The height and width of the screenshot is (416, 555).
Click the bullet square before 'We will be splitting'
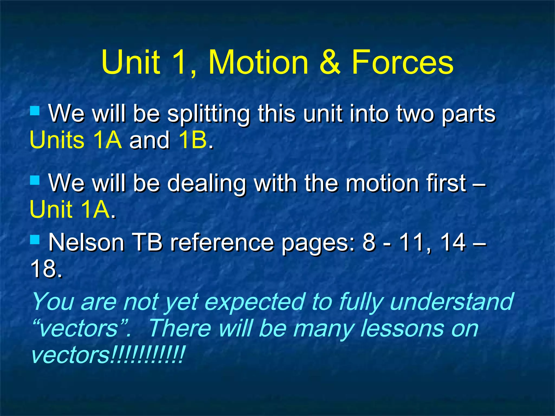35,110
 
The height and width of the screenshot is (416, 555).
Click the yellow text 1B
192,140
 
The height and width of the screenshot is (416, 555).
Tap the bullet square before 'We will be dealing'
35,180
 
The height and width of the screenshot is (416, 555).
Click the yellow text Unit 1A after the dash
70,209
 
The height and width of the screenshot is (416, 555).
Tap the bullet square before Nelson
35,239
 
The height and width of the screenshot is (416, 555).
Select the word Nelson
86,243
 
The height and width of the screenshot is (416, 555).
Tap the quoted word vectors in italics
79,329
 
